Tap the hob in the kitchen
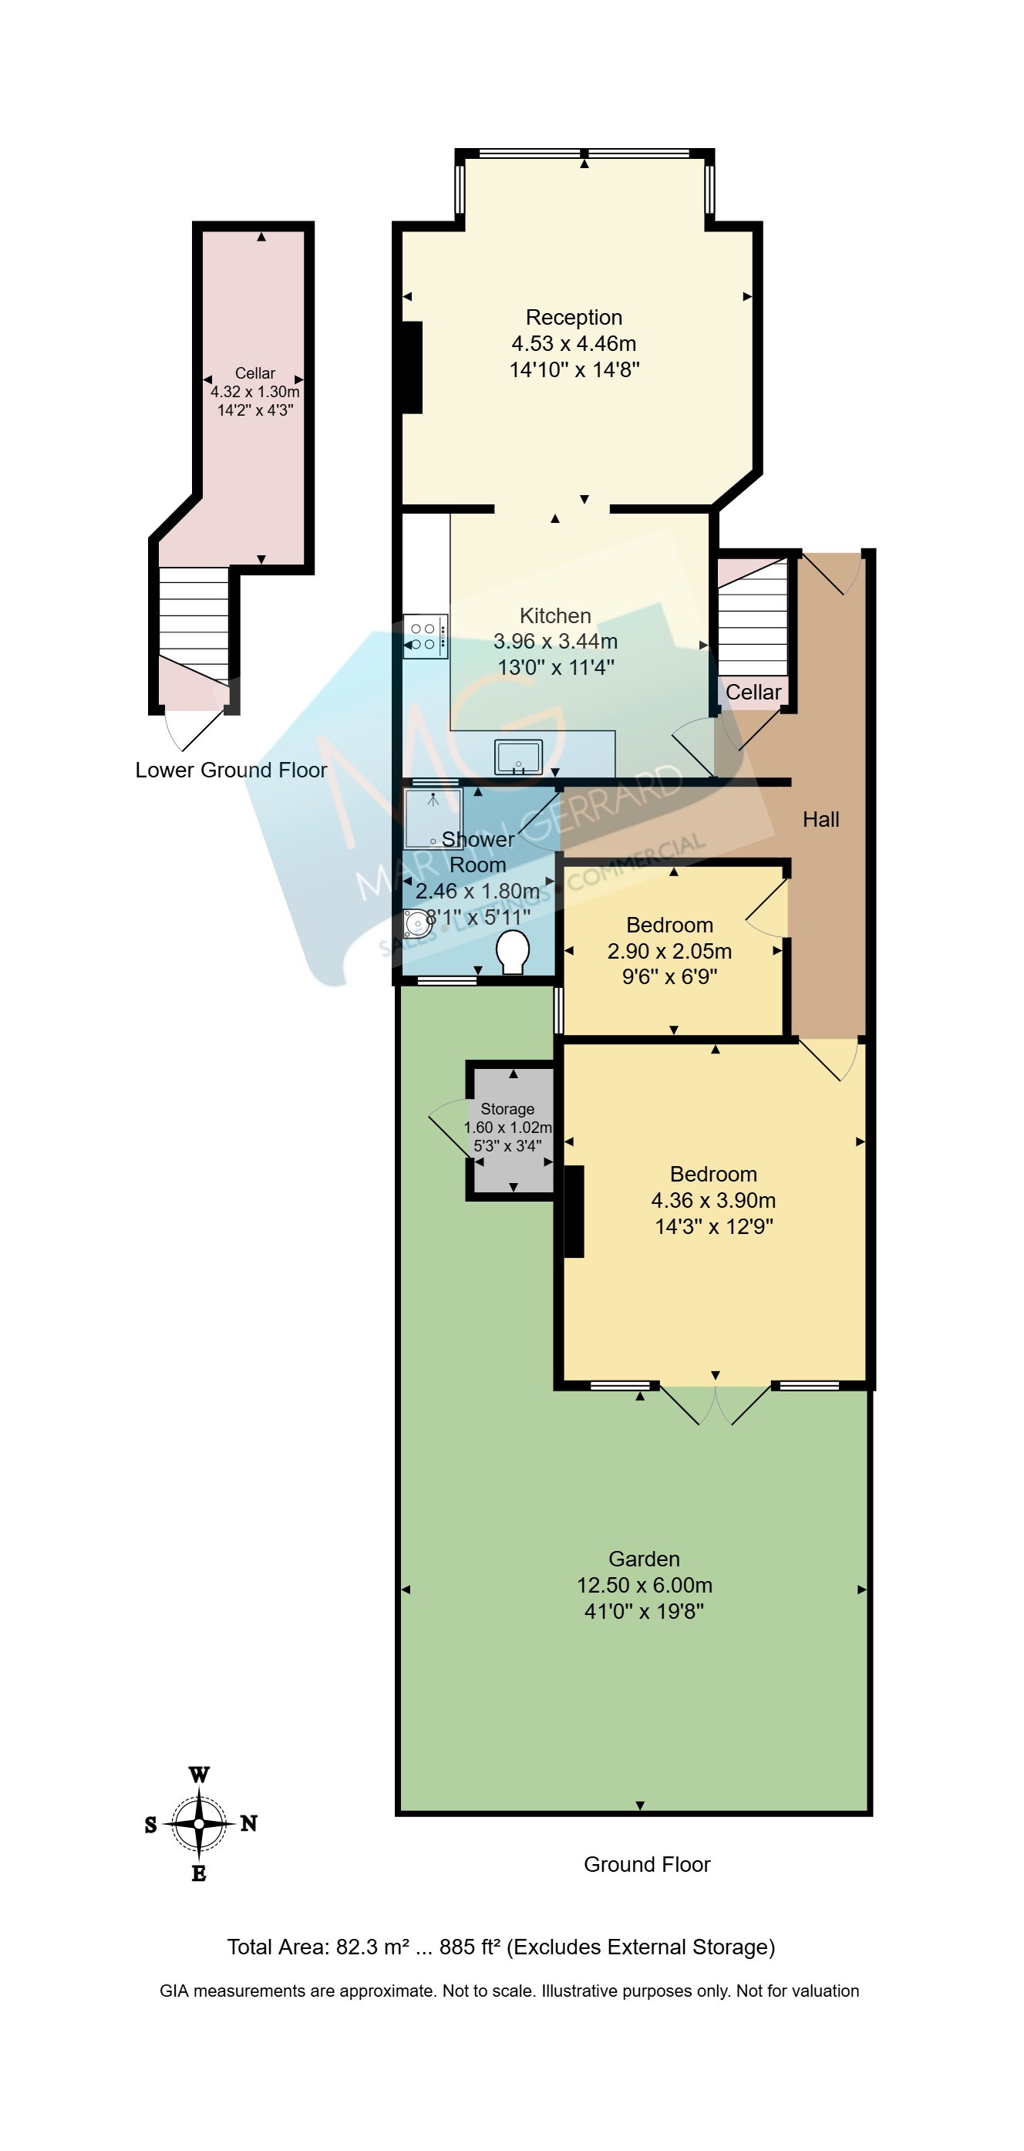tap(426, 636)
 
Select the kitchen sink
tap(518, 757)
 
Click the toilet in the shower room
tap(513, 952)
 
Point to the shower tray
tap(433, 818)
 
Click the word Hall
tap(820, 819)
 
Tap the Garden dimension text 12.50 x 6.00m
tap(645, 1585)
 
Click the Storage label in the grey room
tap(507, 1109)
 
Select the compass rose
tap(199, 1824)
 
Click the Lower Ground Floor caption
tap(231, 770)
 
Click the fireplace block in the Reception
tap(413, 367)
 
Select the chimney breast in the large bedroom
tap(574, 1211)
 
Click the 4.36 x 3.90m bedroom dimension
tap(713, 1200)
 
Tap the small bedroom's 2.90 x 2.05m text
tap(669, 951)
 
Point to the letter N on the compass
tap(249, 1824)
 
